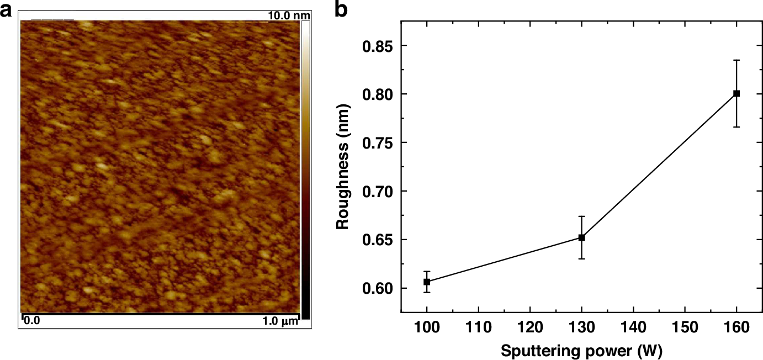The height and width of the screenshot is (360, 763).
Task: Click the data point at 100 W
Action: coord(427,282)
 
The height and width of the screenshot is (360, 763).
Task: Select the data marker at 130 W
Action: coord(581,237)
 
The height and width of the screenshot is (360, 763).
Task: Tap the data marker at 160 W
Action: coord(736,93)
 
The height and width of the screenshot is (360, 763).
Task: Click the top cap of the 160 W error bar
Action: coord(736,60)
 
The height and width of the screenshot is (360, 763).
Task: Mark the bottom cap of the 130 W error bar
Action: coord(581,258)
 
